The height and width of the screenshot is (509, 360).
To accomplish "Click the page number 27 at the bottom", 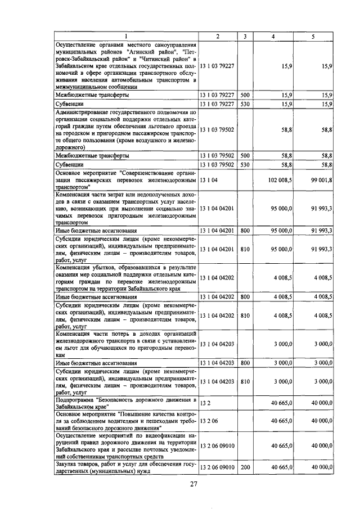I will (193, 485).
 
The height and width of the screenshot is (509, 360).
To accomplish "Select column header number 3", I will (245, 37).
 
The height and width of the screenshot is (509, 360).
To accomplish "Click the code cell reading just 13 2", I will (206, 404).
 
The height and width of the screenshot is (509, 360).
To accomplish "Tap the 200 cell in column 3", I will (245, 468).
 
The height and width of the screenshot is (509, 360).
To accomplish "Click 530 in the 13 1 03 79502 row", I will (245, 164).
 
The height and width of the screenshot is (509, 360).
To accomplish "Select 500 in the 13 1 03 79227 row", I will (245, 96).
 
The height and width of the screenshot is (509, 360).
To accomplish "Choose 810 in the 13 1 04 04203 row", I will (245, 381).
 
